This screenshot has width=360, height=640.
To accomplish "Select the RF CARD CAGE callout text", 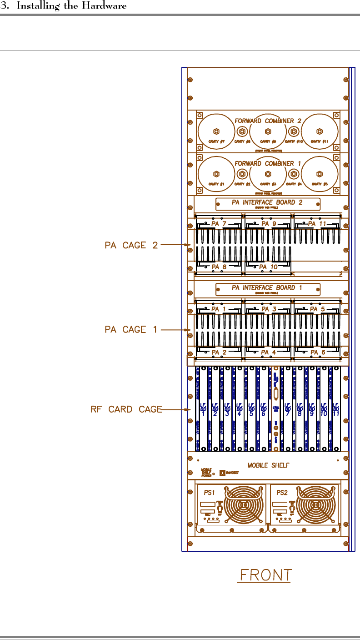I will [x=126, y=409].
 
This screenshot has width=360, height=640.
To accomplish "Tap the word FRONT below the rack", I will [x=265, y=575].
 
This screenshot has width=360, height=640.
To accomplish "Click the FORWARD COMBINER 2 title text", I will [x=268, y=121].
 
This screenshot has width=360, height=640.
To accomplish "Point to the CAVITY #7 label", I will [x=216, y=142].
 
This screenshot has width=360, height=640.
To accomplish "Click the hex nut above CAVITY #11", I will [x=320, y=131].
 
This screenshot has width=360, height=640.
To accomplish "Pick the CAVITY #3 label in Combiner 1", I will [x=268, y=184].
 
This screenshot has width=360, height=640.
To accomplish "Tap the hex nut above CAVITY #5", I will [x=320, y=174].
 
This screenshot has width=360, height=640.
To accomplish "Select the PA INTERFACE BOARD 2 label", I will [x=267, y=202].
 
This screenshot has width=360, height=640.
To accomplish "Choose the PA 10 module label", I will [x=268, y=267].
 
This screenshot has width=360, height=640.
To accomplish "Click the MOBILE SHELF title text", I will [x=268, y=465].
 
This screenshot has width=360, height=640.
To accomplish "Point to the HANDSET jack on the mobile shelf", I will [x=222, y=473].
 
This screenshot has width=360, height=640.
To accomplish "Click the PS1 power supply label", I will [x=210, y=492].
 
